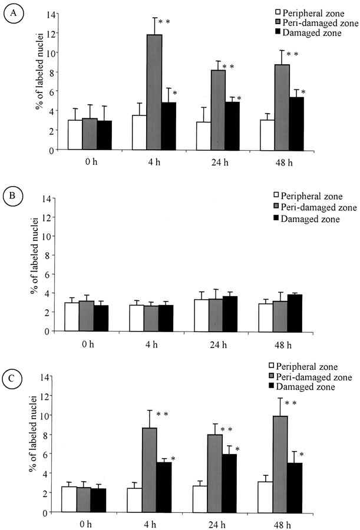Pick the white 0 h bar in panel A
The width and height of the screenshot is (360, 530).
[x=75, y=135]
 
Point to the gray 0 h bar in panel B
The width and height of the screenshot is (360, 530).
[x=90, y=316]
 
